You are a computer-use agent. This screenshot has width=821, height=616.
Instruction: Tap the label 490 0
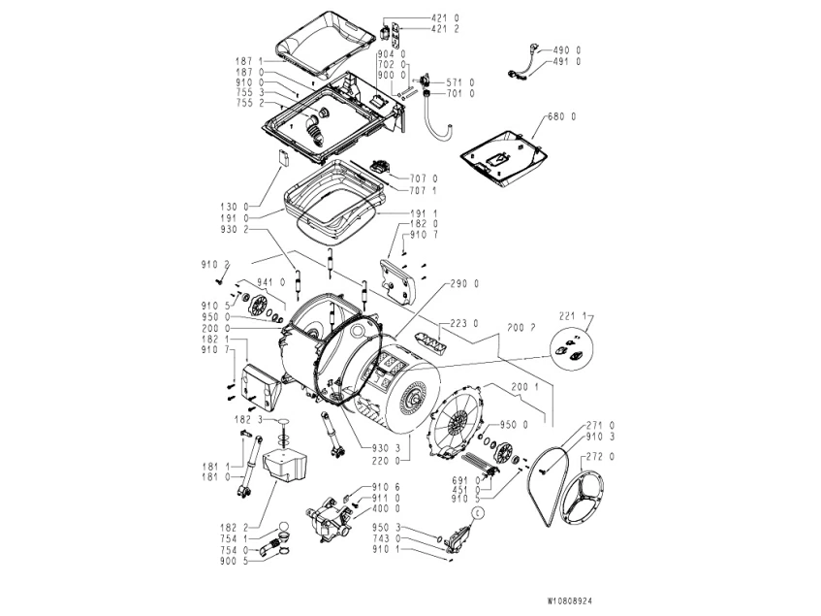tap(567, 49)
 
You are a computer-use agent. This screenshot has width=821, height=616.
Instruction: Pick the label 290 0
tap(466, 283)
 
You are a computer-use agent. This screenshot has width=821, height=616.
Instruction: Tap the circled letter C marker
tap(477, 510)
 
